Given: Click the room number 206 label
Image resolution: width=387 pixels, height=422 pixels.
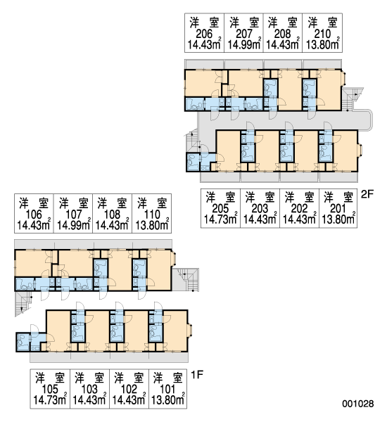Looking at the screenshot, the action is coord(204,34).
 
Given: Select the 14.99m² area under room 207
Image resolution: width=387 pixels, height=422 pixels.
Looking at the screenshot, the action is coord(244,44).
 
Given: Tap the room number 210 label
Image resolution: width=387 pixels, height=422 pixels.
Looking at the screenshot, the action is coord(322,34).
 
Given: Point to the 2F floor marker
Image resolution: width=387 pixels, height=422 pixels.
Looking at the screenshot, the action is coord(367,194).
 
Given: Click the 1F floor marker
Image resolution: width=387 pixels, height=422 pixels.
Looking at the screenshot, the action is coord(197,375).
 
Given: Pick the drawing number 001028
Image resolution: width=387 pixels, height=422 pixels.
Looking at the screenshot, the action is coord(358,404).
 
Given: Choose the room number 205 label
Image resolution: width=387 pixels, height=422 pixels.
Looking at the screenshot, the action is coord(220,209).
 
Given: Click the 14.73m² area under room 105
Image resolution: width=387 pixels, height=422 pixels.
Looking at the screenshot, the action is coord(49,400).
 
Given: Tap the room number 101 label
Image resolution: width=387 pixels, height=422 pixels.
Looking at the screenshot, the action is coord(167,390).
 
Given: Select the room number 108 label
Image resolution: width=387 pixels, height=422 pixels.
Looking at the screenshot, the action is coord(113,215).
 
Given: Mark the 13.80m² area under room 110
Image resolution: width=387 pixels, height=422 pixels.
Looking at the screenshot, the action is coord(152,225).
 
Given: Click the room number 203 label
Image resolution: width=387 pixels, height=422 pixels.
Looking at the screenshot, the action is coord(260,209).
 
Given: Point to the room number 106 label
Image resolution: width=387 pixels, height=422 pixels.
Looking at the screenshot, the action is coord(34,215).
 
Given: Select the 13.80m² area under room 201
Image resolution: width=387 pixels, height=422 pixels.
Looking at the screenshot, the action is coord(338,219).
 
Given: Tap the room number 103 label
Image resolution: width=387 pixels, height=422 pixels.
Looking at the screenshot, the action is coord(89,390).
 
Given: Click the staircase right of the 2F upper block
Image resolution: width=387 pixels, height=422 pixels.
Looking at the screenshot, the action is coord(352,99).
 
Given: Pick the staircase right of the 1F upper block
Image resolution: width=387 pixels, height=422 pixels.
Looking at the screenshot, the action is coord(186,280).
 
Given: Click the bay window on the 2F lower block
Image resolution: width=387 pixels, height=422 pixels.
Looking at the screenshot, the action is coord(360,151).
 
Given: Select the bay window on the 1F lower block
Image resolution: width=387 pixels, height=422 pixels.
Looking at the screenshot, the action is coord(190,331).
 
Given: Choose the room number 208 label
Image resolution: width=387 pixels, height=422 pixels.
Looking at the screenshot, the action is coord(282,34).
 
